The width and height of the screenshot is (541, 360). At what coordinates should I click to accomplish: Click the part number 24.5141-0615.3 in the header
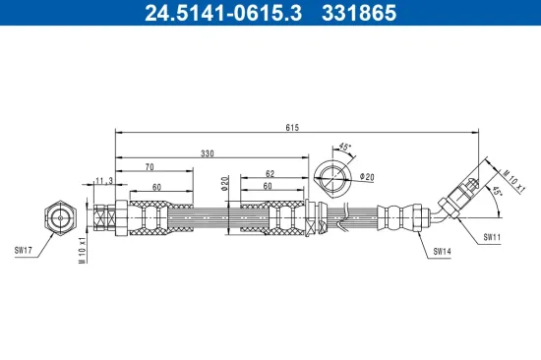(x=215, y=13)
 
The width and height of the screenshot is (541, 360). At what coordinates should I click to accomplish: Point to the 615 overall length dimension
(x=293, y=127)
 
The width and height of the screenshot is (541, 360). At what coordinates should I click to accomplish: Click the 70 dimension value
(x=150, y=168)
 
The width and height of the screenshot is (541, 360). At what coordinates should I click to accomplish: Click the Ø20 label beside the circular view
(x=368, y=177)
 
